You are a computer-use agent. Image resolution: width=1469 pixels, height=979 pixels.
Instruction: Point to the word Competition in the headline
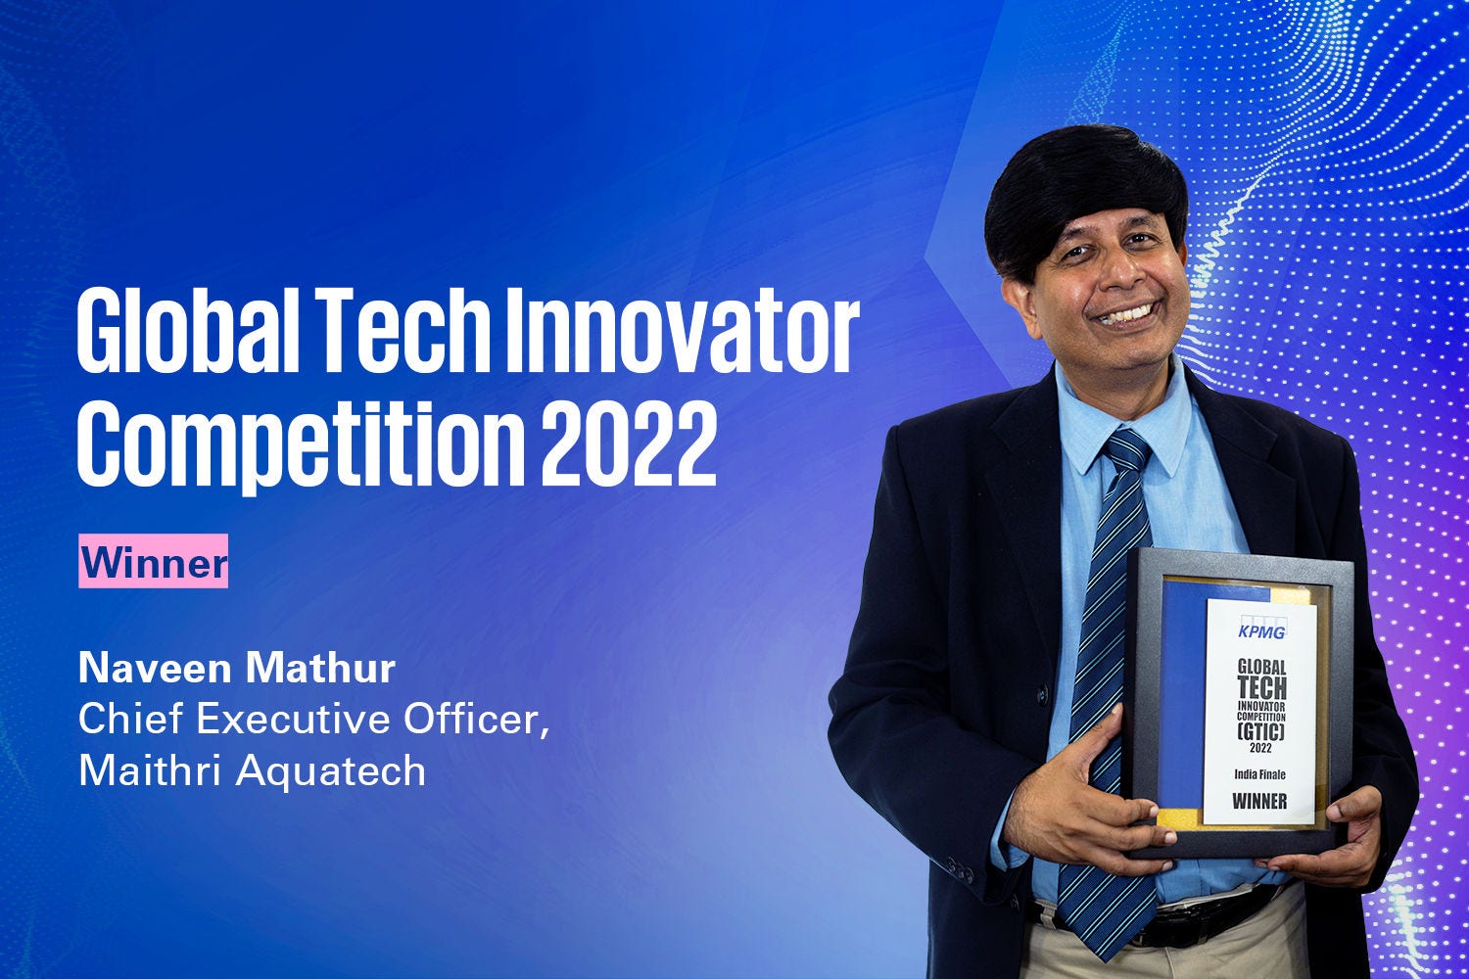pyautogui.click(x=301, y=445)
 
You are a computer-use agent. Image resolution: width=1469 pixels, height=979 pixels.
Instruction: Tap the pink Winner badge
pyautogui.click(x=154, y=561)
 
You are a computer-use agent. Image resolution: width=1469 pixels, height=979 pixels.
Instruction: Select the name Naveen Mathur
pyautogui.click(x=237, y=669)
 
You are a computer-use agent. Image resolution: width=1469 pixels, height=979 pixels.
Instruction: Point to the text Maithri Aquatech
pyautogui.click(x=253, y=770)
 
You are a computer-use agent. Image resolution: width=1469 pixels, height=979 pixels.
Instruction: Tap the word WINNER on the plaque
pyautogui.click(x=1259, y=801)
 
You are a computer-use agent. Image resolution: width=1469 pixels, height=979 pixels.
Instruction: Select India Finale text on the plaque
pyautogui.click(x=1259, y=775)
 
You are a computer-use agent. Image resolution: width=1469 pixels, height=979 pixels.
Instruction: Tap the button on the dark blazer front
pyautogui.click(x=1042, y=693)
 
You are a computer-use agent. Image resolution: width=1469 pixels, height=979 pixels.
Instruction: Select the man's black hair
pyautogui.click(x=1085, y=194)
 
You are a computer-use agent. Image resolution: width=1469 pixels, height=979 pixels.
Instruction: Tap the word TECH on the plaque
pyautogui.click(x=1261, y=688)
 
